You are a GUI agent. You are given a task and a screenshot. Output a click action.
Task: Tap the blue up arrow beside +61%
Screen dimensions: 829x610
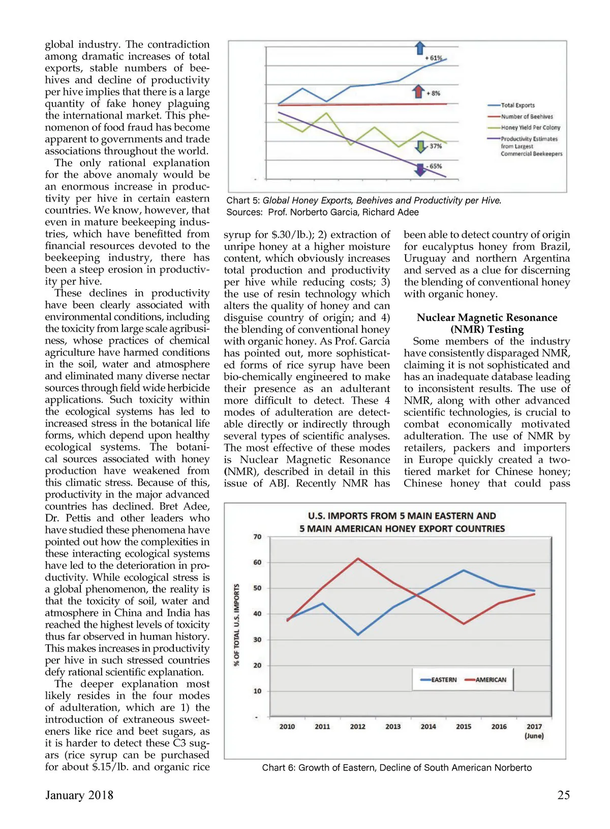click(x=420, y=48)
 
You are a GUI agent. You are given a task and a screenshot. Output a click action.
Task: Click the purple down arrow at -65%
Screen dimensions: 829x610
click(x=420, y=169)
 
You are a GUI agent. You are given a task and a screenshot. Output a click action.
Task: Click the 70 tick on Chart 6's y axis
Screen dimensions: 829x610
click(x=257, y=537)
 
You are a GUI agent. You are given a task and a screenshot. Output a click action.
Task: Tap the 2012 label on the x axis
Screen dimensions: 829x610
click(x=357, y=727)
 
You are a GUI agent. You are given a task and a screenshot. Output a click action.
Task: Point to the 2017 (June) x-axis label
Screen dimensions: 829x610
click(x=534, y=731)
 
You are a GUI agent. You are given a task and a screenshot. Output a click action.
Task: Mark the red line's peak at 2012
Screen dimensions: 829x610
click(x=358, y=559)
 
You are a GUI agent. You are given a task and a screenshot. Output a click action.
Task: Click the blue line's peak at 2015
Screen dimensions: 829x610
click(x=464, y=570)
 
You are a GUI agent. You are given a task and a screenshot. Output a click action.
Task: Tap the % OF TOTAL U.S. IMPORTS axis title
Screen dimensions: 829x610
click(x=236, y=625)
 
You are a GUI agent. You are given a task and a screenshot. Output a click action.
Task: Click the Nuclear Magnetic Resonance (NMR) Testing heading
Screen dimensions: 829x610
click(x=487, y=323)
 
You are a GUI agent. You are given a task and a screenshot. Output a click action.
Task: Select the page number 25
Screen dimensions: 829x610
click(x=563, y=795)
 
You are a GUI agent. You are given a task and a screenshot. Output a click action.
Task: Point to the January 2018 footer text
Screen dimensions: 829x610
click(x=79, y=795)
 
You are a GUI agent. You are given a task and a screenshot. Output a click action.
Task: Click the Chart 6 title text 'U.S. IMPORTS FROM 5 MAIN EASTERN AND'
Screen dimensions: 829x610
click(x=402, y=516)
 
